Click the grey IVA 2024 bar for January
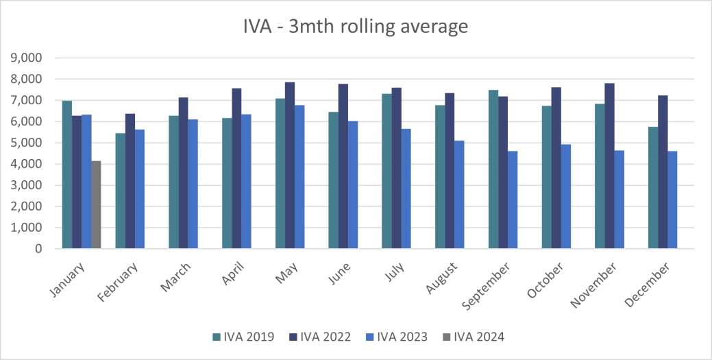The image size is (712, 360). (x=96, y=205)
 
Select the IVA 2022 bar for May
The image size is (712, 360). (x=290, y=165)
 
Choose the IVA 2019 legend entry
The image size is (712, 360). (x=244, y=337)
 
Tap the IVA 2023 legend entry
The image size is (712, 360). (x=397, y=337)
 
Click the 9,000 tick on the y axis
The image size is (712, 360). (x=27, y=58)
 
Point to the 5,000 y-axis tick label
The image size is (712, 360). (x=27, y=143)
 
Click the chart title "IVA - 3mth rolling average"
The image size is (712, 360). (x=356, y=27)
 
